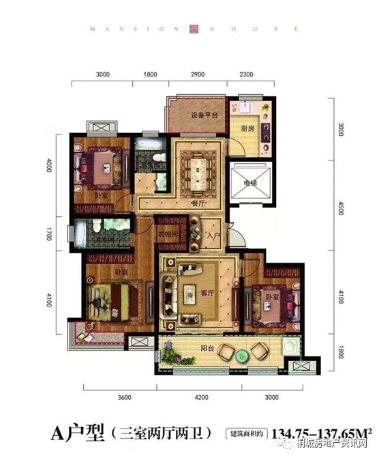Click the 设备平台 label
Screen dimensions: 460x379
tap(203, 115)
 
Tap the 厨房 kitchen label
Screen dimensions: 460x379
tap(247, 127)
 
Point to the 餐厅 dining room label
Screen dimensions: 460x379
tap(199, 203)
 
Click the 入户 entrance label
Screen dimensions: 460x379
tap(213, 235)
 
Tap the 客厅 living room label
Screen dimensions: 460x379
tap(207, 293)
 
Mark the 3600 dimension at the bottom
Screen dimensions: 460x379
tap(123, 398)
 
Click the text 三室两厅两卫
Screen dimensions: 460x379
tap(164, 432)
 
